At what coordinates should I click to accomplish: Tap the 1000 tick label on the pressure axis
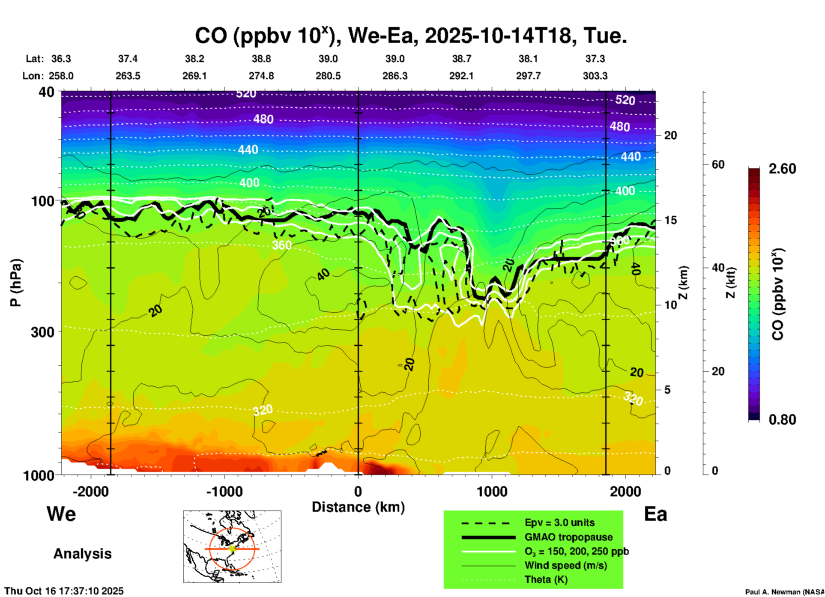point(42,475)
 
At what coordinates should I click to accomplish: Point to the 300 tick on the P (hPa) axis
point(43,332)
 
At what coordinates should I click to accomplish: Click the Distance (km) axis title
point(358,507)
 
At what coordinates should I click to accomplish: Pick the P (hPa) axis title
point(16,283)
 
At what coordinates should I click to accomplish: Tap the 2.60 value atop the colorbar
point(782,169)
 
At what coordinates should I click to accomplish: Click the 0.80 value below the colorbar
point(782,419)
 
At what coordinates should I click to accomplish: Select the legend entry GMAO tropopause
point(568,537)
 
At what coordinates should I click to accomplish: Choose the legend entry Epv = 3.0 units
point(559,522)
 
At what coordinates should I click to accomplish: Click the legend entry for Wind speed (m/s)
point(565,565)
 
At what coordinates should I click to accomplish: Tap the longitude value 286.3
point(395,76)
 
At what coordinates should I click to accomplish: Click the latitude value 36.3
point(61,59)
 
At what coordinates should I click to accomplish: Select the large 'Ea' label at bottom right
point(655,514)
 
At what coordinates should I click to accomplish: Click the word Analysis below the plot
point(82,553)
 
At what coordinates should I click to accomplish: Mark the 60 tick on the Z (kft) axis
point(718,164)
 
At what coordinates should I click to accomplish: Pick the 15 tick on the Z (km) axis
point(670,220)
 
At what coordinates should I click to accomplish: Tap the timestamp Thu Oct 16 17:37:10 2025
point(64,591)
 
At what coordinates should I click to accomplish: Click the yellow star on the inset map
point(232,549)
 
